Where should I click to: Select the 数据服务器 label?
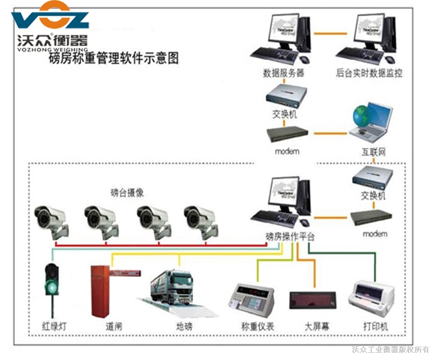284,73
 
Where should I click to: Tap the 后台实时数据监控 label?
369,73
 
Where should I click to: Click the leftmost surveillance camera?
52,220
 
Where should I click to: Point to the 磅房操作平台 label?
289,237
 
